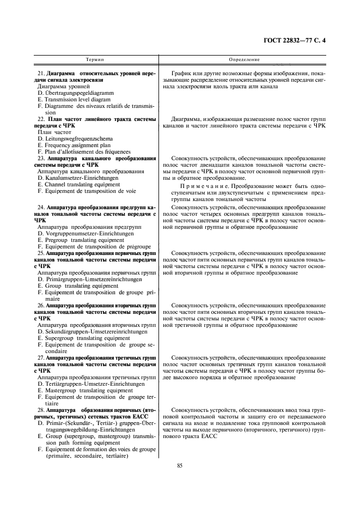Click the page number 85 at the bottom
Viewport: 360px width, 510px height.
click(x=180, y=465)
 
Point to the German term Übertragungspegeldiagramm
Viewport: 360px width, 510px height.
click(x=84, y=93)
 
